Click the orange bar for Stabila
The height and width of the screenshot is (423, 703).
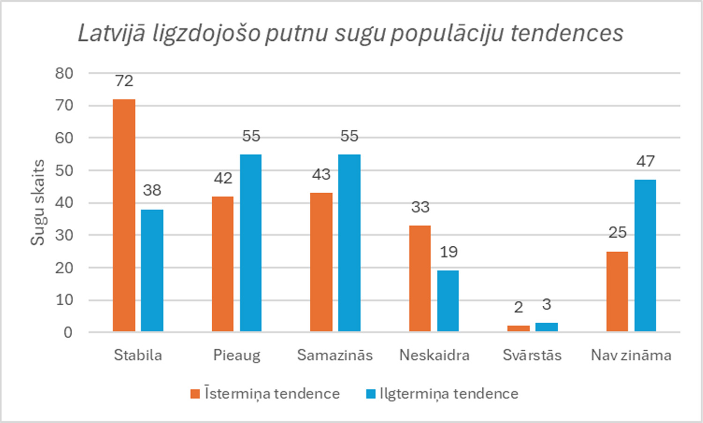[x=124, y=216]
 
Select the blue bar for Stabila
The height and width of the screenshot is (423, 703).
[x=152, y=271]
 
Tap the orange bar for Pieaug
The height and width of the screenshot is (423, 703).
[x=223, y=264]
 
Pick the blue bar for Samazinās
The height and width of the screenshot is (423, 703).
[x=349, y=243]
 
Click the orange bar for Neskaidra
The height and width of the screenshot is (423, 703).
[x=420, y=279]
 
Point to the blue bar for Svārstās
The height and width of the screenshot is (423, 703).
[x=546, y=327]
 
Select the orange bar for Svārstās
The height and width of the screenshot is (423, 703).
[x=518, y=328]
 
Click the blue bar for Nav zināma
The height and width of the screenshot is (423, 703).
[x=645, y=256]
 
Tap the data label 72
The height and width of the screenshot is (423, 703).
[x=124, y=81]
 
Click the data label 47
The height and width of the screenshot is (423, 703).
[x=645, y=161]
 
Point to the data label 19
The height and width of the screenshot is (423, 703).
[x=449, y=252]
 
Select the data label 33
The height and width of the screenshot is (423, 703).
[x=420, y=207]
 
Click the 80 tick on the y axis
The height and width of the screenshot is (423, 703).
[x=64, y=73]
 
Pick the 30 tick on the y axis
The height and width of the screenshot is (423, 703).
[x=64, y=235]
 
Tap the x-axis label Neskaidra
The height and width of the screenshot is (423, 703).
[x=434, y=355]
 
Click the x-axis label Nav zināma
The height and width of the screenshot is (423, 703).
[x=631, y=355]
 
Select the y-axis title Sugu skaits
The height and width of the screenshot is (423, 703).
[x=37, y=203]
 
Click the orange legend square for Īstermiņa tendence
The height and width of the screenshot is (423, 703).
[x=195, y=393]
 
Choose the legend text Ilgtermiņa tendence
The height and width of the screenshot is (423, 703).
[x=449, y=393]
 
